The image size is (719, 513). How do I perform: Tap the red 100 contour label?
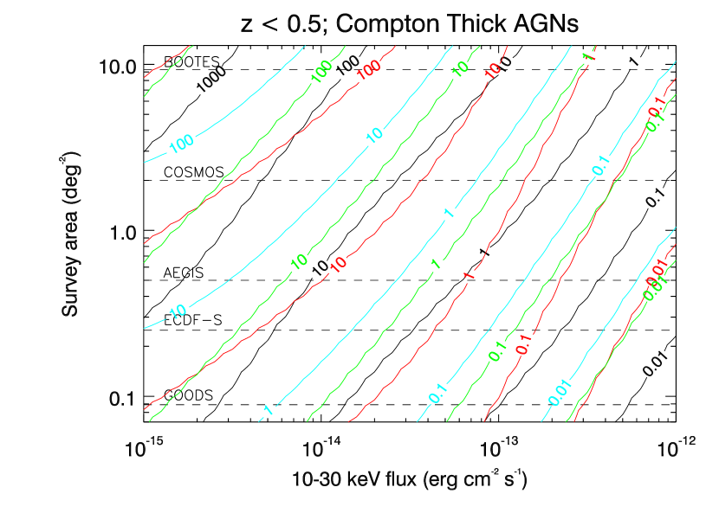[x=370, y=70]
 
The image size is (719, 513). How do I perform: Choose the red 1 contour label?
[x=469, y=276]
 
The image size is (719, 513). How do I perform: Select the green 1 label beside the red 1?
[x=437, y=263]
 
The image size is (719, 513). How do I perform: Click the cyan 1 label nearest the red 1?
[x=449, y=213]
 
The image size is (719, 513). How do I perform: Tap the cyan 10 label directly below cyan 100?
[x=178, y=311]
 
